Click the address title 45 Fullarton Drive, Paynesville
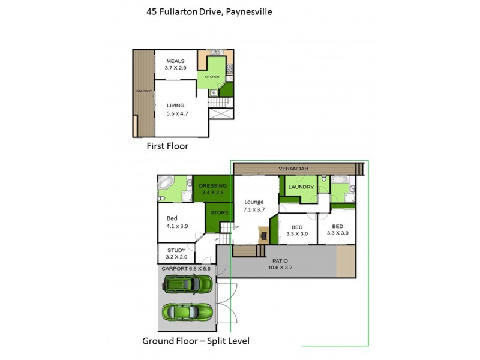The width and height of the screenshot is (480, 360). [x=209, y=11]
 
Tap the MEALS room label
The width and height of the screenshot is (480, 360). [x=176, y=61]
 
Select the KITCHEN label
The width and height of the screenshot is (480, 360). [x=212, y=77]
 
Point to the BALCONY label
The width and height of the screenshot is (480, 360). [x=143, y=91]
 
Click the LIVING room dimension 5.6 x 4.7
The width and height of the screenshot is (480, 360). [x=176, y=113]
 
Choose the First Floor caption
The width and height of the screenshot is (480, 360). [x=167, y=146]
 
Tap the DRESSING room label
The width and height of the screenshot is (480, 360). [x=212, y=185]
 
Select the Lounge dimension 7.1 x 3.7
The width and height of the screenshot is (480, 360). [x=256, y=210]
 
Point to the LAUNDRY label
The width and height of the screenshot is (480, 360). [x=301, y=187]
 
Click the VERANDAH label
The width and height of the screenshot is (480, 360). [x=293, y=169]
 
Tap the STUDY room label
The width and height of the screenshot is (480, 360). [x=176, y=251]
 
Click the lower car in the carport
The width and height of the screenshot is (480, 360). [x=187, y=311]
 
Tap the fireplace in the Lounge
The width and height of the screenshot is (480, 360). [x=263, y=233]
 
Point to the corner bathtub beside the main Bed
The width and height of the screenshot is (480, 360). [x=166, y=183]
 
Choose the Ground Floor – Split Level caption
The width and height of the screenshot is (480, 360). [x=196, y=341]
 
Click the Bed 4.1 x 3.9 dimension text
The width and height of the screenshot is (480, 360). [x=177, y=226]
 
